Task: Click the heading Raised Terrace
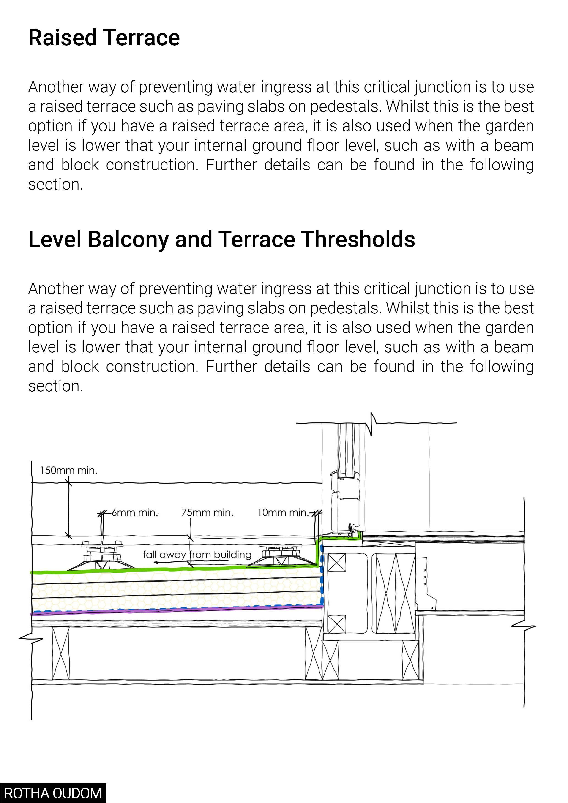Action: coord(104,38)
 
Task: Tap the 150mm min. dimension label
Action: coord(68,470)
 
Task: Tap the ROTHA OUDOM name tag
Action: coord(53,793)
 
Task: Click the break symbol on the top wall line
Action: coord(372,423)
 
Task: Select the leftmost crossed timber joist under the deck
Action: coord(60,653)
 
